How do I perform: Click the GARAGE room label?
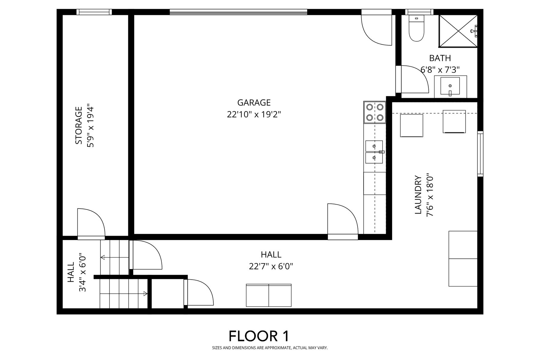254,103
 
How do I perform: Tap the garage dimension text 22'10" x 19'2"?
254,115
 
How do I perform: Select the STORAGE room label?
79,125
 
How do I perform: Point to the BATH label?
440,58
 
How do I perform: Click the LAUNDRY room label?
418,195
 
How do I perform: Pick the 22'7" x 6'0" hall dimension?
271,266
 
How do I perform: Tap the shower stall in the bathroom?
458,31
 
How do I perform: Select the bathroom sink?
450,86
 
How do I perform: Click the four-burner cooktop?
375,112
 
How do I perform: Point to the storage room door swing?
91,223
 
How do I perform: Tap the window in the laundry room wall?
480,154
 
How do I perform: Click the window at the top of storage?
94,12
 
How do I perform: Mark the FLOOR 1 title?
259,336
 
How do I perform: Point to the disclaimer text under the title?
270,348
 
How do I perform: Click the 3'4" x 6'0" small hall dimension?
83,273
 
